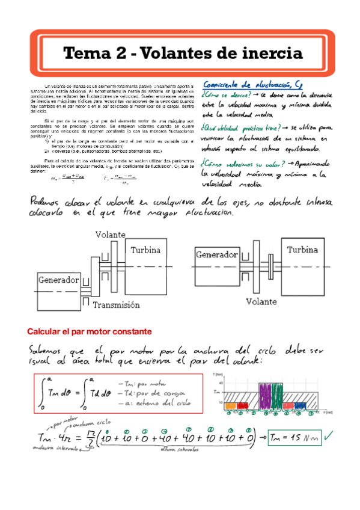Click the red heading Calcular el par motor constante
[x=89, y=331]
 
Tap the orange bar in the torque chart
[x=230, y=406]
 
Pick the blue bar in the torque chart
[x=301, y=406]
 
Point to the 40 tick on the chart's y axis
[x=221, y=383]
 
